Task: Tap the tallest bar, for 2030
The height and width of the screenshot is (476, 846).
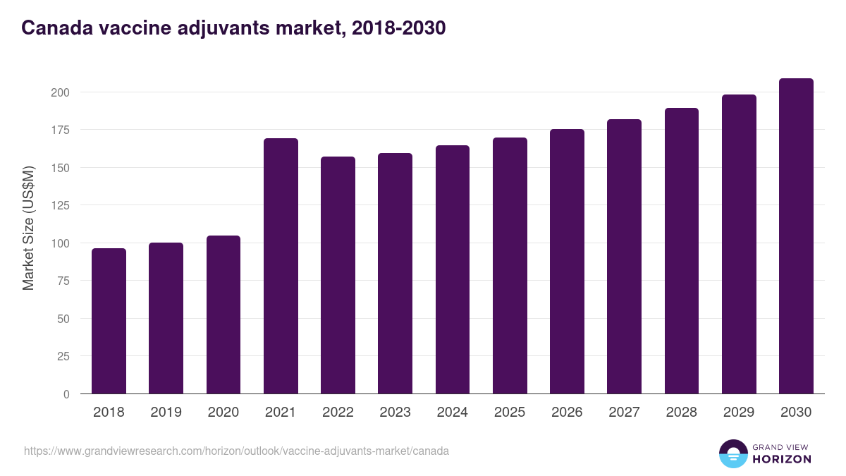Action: [x=796, y=236]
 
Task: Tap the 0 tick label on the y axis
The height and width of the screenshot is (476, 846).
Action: [x=66, y=394]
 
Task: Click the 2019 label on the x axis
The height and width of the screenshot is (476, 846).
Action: [x=166, y=413]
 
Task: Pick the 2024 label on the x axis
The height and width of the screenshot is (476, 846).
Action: [x=452, y=413]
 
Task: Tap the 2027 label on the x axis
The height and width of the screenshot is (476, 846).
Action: [x=624, y=413]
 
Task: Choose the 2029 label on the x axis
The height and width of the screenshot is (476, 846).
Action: [x=739, y=413]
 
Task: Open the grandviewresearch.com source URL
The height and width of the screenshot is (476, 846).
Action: [x=236, y=451]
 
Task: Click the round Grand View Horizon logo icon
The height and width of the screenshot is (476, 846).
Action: [x=733, y=453]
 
